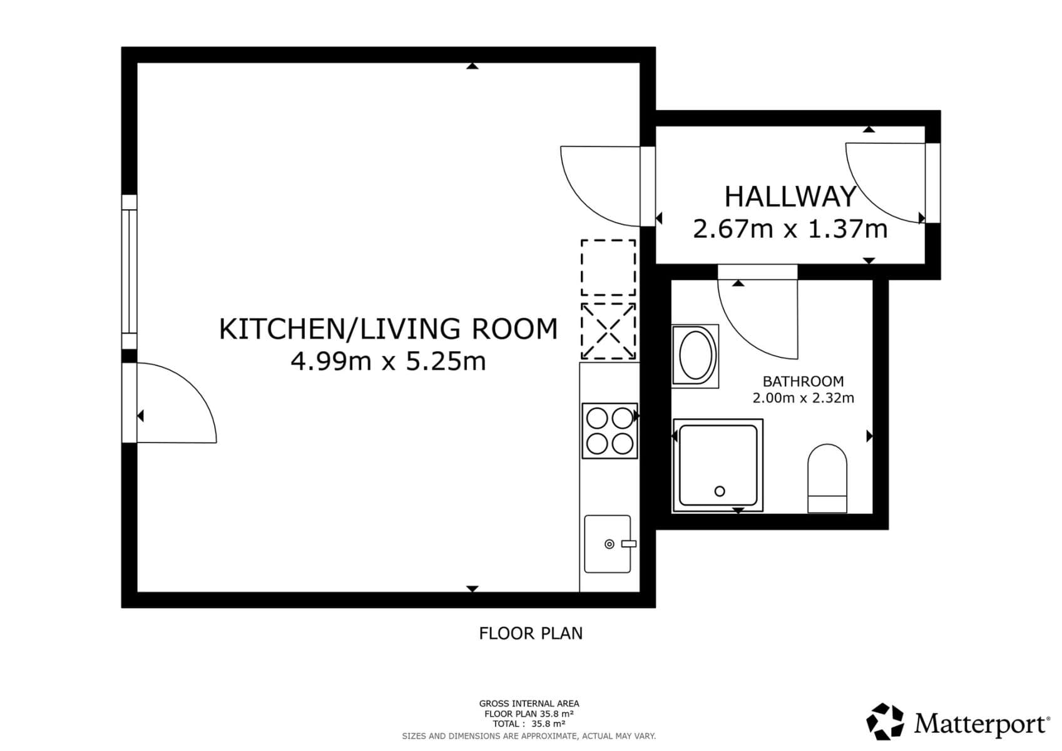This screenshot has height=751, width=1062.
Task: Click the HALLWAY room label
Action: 790,197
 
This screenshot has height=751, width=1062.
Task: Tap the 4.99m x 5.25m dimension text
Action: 388,361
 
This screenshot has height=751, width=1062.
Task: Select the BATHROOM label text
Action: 803,381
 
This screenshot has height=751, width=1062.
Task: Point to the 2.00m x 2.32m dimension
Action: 803,398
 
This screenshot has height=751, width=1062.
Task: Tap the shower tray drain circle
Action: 720,491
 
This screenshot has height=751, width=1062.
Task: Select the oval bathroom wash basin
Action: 696,355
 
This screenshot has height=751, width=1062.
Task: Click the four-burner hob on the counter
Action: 610,431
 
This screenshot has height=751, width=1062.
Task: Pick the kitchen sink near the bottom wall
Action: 607,544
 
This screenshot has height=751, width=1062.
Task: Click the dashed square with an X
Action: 608,332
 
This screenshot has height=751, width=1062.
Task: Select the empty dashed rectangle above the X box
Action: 608,267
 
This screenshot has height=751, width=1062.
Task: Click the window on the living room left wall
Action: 129,272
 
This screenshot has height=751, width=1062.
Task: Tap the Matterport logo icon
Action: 885,722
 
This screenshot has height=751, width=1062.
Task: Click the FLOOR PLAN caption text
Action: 531,633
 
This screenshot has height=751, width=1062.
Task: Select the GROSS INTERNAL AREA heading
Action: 529,703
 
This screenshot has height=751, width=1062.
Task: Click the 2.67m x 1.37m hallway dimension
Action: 790,229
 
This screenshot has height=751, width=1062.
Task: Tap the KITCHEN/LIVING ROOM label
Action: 388,329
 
